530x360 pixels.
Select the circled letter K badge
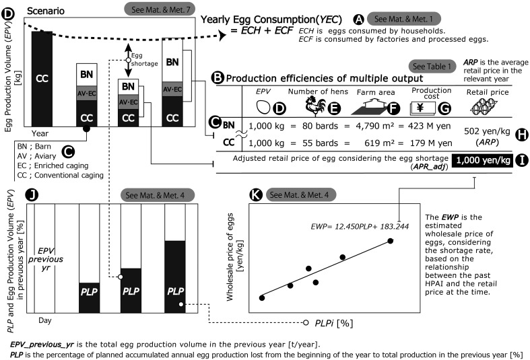click(x=255, y=195)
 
